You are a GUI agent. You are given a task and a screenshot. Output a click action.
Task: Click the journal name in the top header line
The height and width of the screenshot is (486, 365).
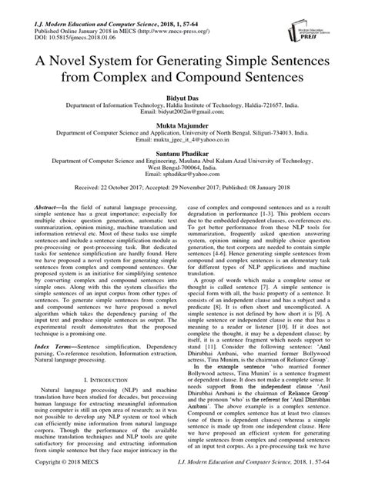[x=100, y=7]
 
